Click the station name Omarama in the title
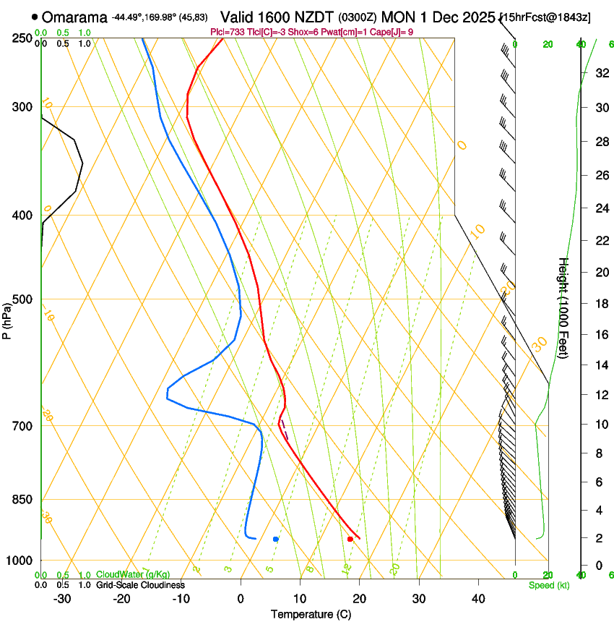pyautogui.click(x=75, y=17)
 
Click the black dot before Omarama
pyautogui.click(x=35, y=17)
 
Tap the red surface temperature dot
pyautogui.click(x=350, y=539)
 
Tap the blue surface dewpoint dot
pyautogui.click(x=276, y=539)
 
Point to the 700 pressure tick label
pyautogui.click(x=21, y=426)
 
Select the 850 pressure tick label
pyautogui.click(x=21, y=500)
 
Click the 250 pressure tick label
pyautogui.click(x=21, y=38)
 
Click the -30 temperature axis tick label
pyautogui.click(x=62, y=598)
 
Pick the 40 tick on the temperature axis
pyautogui.click(x=478, y=598)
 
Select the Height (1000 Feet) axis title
pyautogui.click(x=563, y=308)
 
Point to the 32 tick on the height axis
pyautogui.click(x=600, y=73)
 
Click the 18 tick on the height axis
pyautogui.click(x=600, y=304)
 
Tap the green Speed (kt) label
pyautogui.click(x=548, y=585)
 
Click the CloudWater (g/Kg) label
pyautogui.click(x=133, y=575)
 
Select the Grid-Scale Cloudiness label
pyautogui.click(x=140, y=585)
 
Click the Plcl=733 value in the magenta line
pyautogui.click(x=226, y=32)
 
